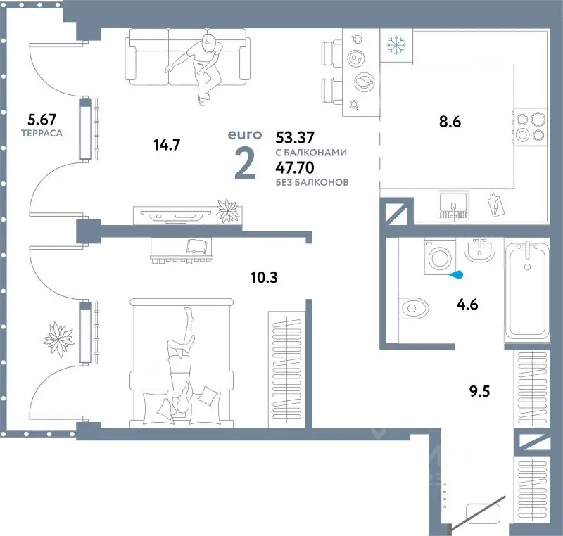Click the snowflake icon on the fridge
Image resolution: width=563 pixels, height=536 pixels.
396,46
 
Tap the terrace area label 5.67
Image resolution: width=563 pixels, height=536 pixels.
42,119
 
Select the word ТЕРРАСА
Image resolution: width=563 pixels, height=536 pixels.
42,133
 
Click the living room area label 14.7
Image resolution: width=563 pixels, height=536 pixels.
167,145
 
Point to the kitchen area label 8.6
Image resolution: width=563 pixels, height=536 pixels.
450,122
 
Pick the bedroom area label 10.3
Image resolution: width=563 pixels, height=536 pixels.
265,277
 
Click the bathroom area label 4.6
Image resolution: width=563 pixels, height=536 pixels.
467,305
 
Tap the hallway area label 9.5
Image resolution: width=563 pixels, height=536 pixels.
479,391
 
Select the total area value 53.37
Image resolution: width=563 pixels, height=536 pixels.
295,137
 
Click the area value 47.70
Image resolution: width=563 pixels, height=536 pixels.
295,167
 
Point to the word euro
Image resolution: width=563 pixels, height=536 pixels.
245,135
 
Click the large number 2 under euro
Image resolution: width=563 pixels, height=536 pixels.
245,163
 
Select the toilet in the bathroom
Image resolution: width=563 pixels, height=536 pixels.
414,308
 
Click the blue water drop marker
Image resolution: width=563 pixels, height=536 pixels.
456,275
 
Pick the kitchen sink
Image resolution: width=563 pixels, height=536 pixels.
453,205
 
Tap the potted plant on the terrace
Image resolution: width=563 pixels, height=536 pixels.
59,339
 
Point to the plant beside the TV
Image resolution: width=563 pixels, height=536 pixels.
227,210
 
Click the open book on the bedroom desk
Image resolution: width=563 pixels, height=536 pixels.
197,246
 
